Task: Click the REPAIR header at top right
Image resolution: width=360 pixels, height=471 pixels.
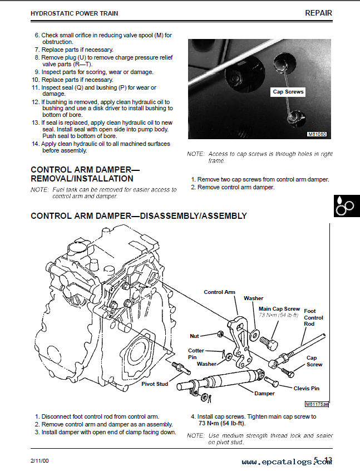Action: [318, 13]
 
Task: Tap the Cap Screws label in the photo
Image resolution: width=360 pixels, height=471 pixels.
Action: [288, 92]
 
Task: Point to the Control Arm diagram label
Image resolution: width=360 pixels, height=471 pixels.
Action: [219, 292]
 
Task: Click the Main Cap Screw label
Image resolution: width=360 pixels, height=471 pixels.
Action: [279, 308]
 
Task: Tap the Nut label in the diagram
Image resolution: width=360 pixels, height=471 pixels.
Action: [194, 336]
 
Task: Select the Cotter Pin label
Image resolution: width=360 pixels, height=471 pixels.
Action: [196, 354]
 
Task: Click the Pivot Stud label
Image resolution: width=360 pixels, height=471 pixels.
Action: [155, 384]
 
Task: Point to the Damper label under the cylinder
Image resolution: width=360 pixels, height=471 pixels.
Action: [264, 394]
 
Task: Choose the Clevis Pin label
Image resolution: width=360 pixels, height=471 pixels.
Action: [307, 388]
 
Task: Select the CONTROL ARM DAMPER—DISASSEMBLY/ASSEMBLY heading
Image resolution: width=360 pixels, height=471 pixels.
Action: [139, 216]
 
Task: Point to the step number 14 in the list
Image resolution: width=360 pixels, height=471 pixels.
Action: [34, 144]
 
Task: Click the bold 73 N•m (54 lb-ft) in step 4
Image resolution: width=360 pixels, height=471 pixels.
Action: [218, 424]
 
